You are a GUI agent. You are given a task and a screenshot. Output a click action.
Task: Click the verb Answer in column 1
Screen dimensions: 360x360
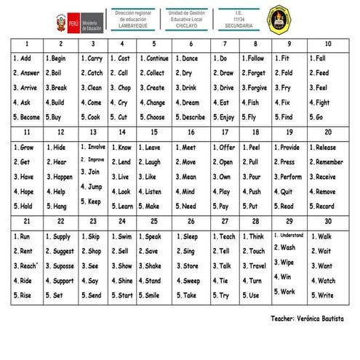click(x=27, y=73)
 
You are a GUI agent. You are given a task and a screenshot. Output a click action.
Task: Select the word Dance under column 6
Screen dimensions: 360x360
click(x=191, y=58)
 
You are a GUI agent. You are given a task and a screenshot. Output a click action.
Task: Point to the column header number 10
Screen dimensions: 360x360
click(x=328, y=44)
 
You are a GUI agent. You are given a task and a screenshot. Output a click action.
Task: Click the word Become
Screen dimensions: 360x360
click(x=27, y=117)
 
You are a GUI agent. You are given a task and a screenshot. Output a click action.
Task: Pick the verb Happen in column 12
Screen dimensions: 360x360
click(x=62, y=177)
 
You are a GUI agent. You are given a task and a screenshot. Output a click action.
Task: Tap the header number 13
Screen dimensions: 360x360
click(x=92, y=132)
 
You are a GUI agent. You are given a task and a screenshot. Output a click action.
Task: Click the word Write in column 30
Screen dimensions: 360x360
click(x=325, y=295)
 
